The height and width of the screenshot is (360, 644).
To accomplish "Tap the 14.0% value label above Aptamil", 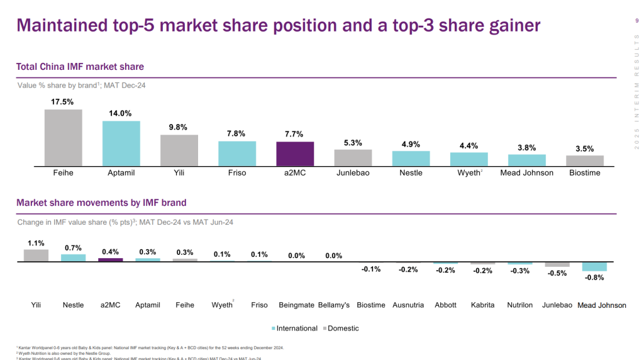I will point(121,113).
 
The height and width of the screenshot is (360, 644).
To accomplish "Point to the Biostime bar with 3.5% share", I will point(584,160).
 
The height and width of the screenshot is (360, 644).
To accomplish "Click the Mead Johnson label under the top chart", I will point(526,172).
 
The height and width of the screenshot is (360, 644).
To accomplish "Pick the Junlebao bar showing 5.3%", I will point(353,157).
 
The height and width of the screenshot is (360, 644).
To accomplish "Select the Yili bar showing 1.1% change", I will point(36,255).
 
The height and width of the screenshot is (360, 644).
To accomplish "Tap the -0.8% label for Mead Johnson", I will point(594,277).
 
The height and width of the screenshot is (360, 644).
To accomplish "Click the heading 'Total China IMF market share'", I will point(80,67).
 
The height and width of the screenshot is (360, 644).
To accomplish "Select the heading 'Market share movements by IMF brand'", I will point(101,203).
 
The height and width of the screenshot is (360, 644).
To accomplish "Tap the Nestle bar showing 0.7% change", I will point(73,257).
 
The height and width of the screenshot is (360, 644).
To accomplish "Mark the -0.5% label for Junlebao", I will point(557,273).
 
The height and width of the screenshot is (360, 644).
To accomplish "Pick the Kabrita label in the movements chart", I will point(482,305).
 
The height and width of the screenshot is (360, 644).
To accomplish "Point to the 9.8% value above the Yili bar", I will point(179,127).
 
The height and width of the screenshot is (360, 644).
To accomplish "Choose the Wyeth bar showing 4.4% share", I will point(469,159).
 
